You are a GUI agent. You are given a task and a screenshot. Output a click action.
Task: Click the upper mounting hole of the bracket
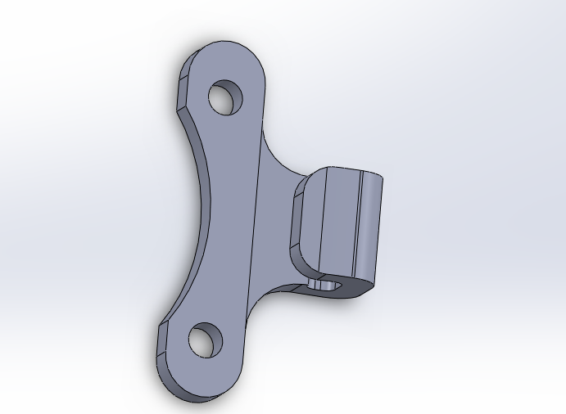coord(226,98)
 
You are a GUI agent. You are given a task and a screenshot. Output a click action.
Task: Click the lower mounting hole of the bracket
coord(206,339)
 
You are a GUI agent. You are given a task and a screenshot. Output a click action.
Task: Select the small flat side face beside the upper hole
coord(182,90)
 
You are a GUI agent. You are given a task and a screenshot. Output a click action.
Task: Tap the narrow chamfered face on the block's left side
coord(297,221)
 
